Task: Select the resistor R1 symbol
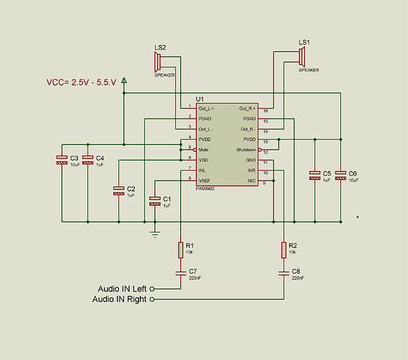click(x=180, y=250)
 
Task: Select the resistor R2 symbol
click(x=283, y=250)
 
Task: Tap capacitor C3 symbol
click(x=62, y=161)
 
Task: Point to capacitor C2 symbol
click(x=119, y=191)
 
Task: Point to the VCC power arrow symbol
click(x=124, y=81)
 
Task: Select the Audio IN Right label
click(x=120, y=300)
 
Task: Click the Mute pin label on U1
click(x=205, y=149)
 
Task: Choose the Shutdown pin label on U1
click(x=243, y=149)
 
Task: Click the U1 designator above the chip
click(x=200, y=99)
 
